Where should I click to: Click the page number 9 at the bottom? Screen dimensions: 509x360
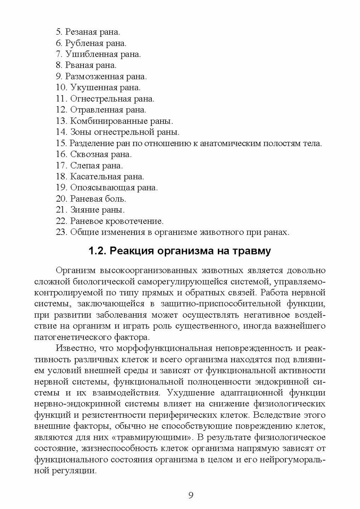[190, 495]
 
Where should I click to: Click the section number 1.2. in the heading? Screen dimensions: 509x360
[98, 251]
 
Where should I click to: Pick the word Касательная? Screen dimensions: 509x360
[92, 176]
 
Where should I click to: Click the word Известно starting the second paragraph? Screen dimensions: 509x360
[73, 348]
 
